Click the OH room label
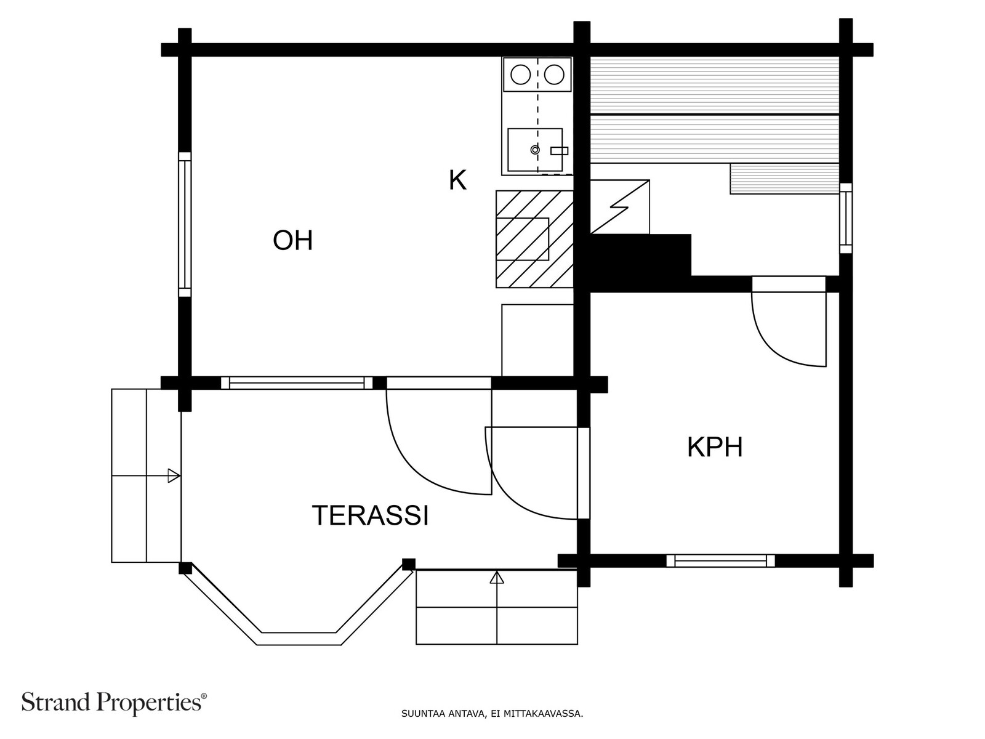tap(292, 240)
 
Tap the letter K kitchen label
tap(458, 180)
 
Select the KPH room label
tap(715, 447)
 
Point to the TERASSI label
tap(370, 515)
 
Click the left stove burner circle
tap(521, 75)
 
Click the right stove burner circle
tap(554, 75)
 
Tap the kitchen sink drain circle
tap(535, 150)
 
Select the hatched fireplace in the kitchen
tap(534, 239)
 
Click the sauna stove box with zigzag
tap(620, 207)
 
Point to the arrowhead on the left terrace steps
tap(174, 475)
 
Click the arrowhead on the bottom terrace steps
tap(497, 577)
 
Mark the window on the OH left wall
tap(185, 224)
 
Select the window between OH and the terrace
tap(297, 382)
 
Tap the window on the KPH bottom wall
tap(721, 561)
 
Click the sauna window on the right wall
tap(846, 218)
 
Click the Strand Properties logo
tap(115, 702)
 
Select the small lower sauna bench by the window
tap(785, 179)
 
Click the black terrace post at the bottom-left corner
tap(185, 568)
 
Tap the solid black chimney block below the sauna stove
tap(640, 262)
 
